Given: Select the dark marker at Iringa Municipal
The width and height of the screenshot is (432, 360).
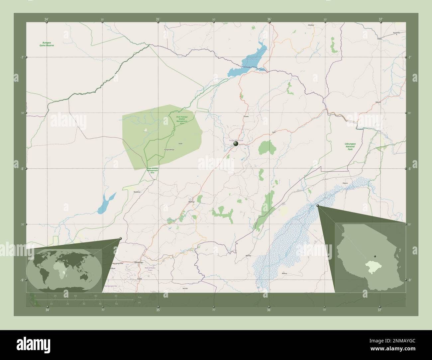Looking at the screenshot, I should coord(236,144).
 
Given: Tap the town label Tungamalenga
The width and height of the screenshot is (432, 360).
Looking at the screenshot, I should coord(169,150).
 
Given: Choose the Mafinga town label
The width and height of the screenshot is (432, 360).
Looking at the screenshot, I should coord(192,202).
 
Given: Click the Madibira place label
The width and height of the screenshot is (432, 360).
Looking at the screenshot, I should coord(137,192).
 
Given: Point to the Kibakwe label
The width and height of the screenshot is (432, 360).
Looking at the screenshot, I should coord(311,25).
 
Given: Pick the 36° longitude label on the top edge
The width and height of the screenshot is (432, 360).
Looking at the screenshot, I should coord(269,19).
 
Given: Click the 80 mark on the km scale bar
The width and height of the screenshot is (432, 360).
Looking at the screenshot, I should coord(116,296).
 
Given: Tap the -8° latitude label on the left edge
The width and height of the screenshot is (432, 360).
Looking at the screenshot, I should coord(22,169).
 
